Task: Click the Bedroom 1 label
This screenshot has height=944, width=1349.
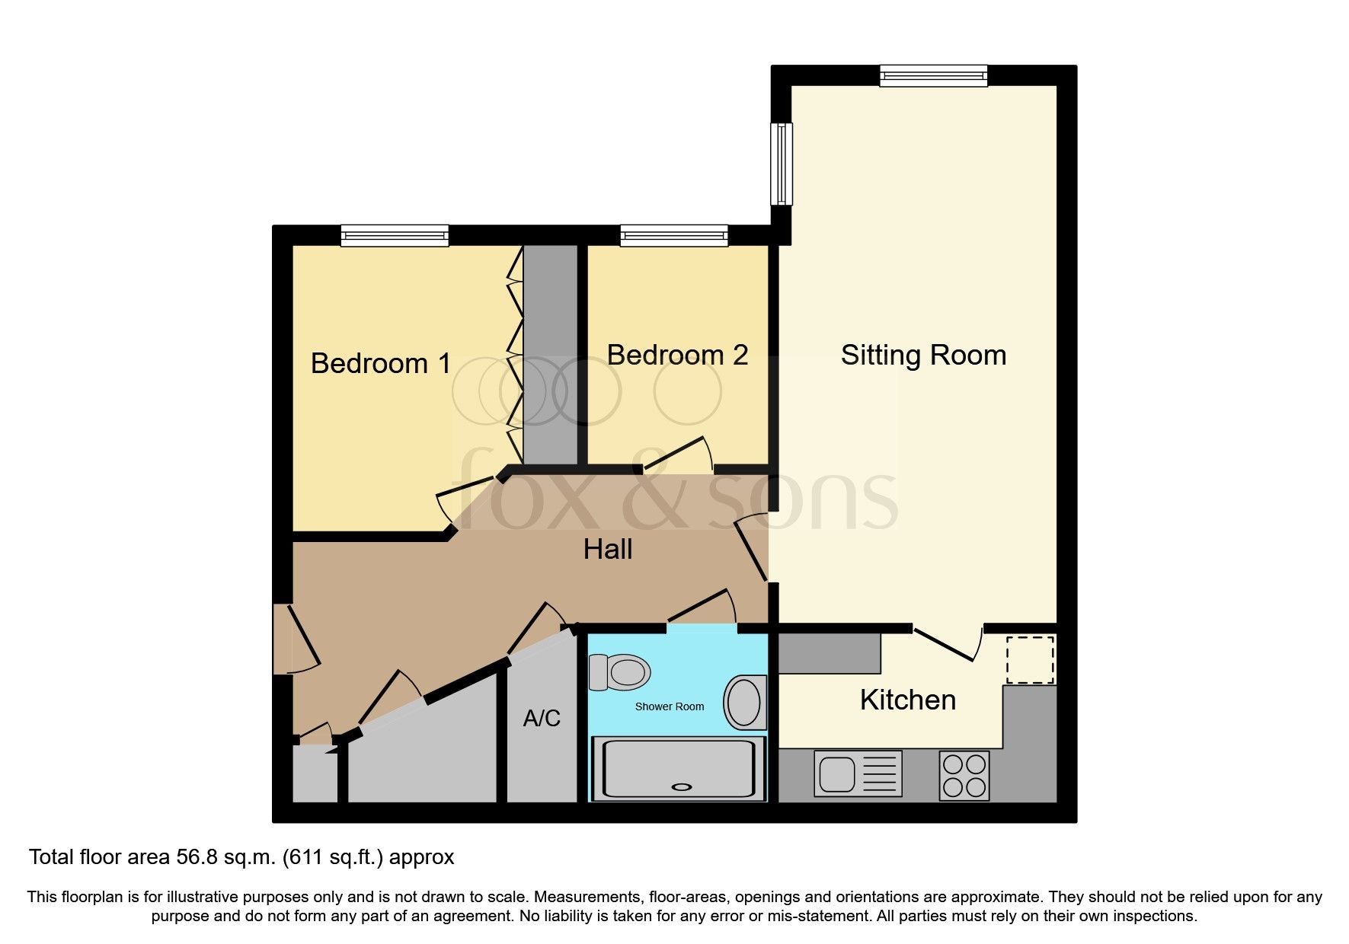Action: pyautogui.click(x=381, y=363)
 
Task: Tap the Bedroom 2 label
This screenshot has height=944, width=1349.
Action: pyautogui.click(x=676, y=355)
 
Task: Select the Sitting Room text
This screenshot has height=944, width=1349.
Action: pyautogui.click(x=923, y=355)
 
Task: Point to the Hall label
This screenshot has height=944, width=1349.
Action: pyautogui.click(x=607, y=549)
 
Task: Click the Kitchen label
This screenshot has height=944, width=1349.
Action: pyautogui.click(x=907, y=700)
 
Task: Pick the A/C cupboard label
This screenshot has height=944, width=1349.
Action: pyautogui.click(x=542, y=718)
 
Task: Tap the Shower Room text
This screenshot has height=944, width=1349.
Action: pyautogui.click(x=669, y=706)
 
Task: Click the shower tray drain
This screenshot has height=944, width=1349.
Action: pyautogui.click(x=680, y=787)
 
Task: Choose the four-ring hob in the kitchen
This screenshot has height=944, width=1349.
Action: pyautogui.click(x=964, y=775)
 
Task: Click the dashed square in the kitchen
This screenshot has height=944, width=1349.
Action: pyautogui.click(x=1030, y=660)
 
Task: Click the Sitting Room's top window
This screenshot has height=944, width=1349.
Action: pyautogui.click(x=933, y=75)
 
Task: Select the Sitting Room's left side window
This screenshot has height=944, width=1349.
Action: pyautogui.click(x=782, y=164)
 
